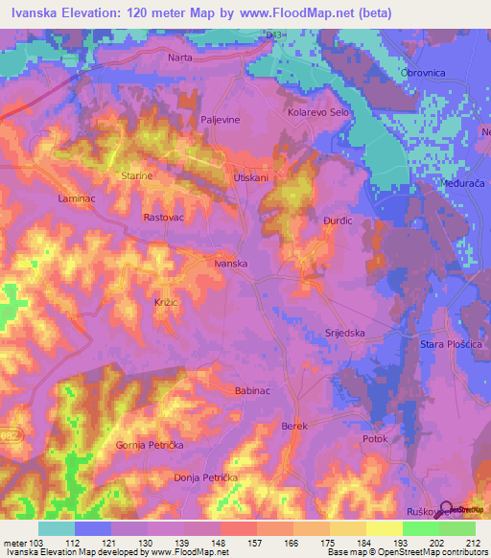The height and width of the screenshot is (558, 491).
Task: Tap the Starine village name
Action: coord(138,176)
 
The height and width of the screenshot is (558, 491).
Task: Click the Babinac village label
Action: coord(253,391)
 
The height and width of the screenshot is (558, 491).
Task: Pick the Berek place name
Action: coord(293,425)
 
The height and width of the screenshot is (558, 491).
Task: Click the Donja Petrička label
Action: coord(205,477)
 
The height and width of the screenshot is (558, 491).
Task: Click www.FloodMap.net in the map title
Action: coord(301,12)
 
